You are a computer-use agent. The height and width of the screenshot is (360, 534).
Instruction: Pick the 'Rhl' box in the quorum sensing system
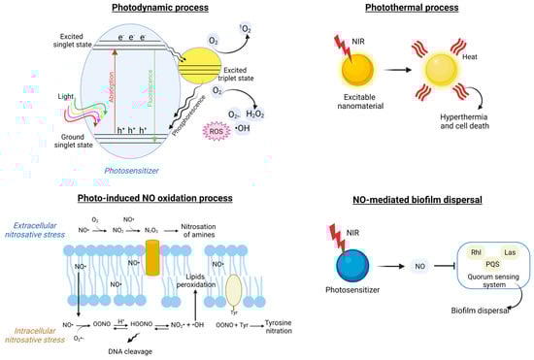point(451,252)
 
